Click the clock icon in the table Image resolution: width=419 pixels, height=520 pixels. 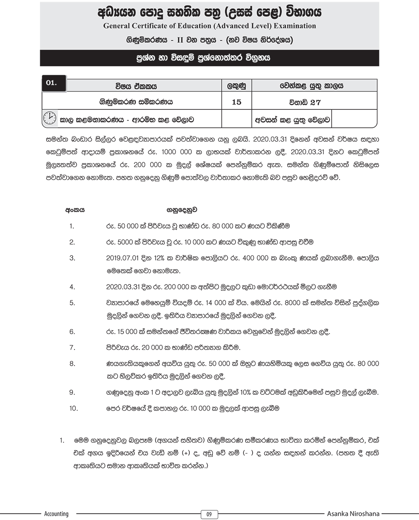point(49,119)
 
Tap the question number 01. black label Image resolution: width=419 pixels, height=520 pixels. point(51,82)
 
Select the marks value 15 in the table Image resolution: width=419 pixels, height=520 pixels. point(236,102)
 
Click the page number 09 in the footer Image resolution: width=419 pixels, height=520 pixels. point(209,514)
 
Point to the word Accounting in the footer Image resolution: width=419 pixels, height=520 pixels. point(56,514)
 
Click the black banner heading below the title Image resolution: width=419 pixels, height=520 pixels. point(209,58)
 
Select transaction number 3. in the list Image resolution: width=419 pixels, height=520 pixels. point(72,258)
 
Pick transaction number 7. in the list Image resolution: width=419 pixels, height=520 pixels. point(72,347)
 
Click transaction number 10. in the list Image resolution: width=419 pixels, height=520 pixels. point(74,408)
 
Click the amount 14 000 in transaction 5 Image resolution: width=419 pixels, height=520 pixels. point(221,303)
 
